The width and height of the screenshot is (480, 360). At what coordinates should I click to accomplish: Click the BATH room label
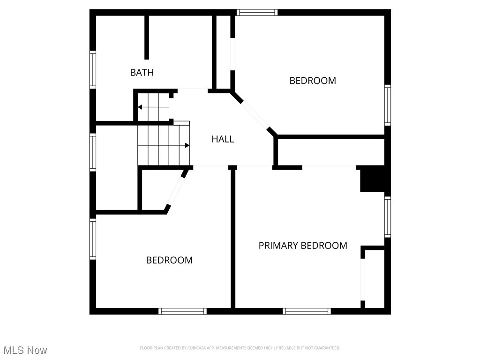pyautogui.click(x=142, y=73)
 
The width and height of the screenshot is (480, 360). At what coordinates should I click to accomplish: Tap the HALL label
pyautogui.click(x=223, y=139)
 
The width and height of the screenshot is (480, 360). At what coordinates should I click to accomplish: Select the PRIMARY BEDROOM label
pyautogui.click(x=303, y=246)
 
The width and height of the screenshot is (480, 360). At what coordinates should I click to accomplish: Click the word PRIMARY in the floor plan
pyautogui.click(x=278, y=246)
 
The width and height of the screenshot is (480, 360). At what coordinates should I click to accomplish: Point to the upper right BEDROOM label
pyautogui.click(x=313, y=81)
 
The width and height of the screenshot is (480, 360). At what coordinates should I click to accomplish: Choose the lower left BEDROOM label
pyautogui.click(x=169, y=260)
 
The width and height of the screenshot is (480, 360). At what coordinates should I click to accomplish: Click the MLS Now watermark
pyautogui.click(x=25, y=350)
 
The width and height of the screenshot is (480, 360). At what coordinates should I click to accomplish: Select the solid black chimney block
pyautogui.click(x=372, y=179)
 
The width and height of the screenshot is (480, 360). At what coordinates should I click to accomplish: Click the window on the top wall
pyautogui.click(x=257, y=12)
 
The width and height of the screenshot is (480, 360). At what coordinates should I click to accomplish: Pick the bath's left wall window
pyautogui.click(x=92, y=70)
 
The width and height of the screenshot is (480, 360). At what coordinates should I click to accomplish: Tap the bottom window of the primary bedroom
pyautogui.click(x=307, y=311)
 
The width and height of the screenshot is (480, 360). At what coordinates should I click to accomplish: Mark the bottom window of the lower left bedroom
pyautogui.click(x=182, y=311)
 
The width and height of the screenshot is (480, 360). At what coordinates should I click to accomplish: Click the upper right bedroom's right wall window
pyautogui.click(x=388, y=105)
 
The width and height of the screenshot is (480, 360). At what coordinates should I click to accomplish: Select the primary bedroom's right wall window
pyautogui.click(x=388, y=217)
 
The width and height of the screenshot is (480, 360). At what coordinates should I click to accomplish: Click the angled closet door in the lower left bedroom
pyautogui.click(x=176, y=190)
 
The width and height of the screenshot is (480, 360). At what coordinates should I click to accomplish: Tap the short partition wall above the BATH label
pyautogui.click(x=147, y=37)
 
